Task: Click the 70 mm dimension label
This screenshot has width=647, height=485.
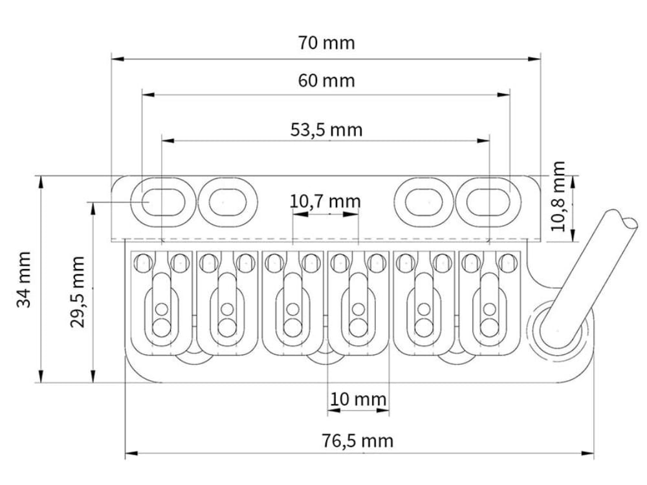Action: [x=326, y=43]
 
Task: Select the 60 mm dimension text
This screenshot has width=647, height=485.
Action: [x=326, y=80]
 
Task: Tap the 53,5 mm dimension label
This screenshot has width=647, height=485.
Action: [x=326, y=130]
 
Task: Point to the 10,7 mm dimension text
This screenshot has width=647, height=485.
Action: [x=325, y=202]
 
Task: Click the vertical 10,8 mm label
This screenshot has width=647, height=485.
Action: [x=558, y=197]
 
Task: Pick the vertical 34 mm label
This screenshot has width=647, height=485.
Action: [x=24, y=279]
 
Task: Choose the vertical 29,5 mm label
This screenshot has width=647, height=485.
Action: [x=77, y=292]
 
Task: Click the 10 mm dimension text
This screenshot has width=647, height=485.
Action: [x=358, y=399]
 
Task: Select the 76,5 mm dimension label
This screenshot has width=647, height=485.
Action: [x=357, y=441]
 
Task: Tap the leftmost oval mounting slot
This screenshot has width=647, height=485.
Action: [x=163, y=202]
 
